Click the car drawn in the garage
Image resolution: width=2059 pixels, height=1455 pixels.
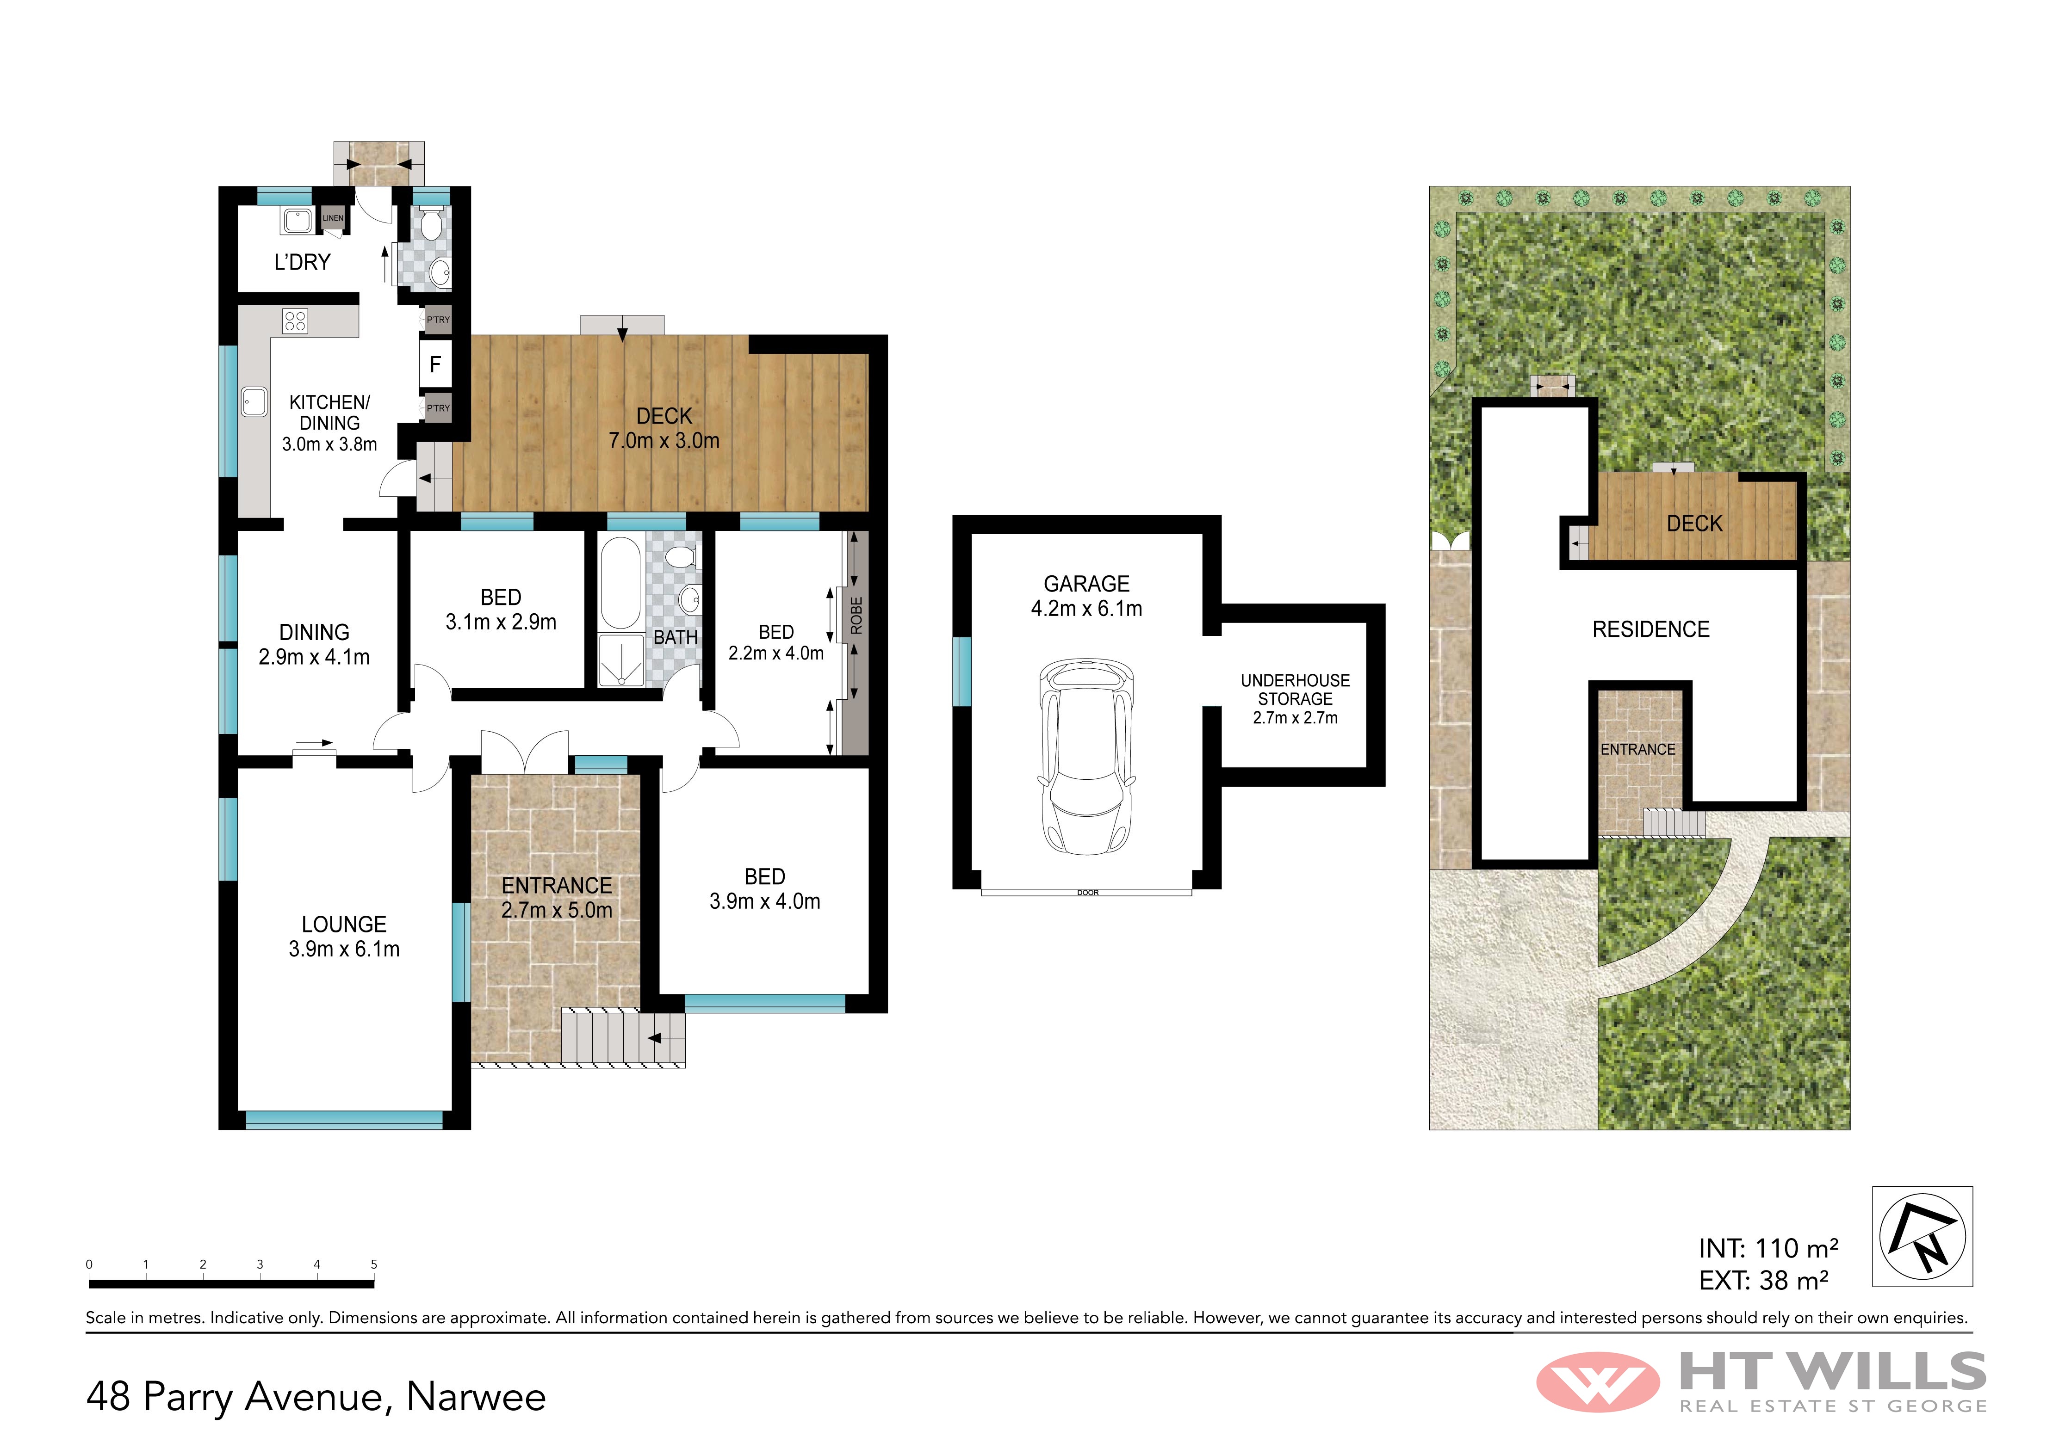(x=1086, y=758)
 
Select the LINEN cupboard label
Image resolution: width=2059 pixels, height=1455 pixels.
(x=333, y=218)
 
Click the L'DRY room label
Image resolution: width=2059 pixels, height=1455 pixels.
(x=302, y=262)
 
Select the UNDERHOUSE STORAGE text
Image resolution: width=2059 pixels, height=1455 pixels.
(x=1295, y=690)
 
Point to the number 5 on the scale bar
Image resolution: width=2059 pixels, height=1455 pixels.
(x=374, y=1264)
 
